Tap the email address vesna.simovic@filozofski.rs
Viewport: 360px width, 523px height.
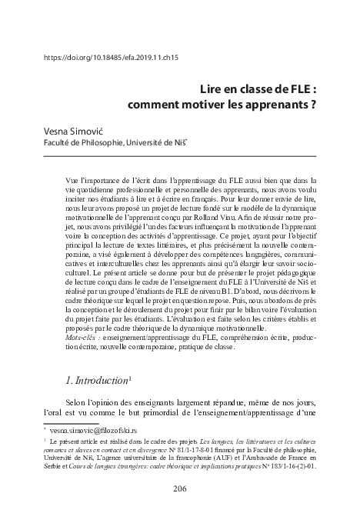pos(102,431)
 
